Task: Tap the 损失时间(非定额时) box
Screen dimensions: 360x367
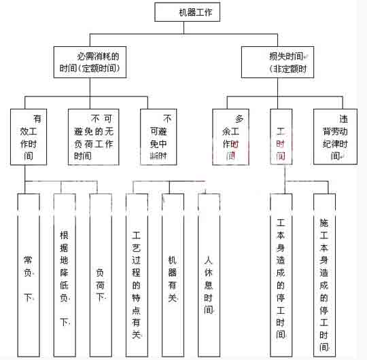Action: [278, 61]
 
